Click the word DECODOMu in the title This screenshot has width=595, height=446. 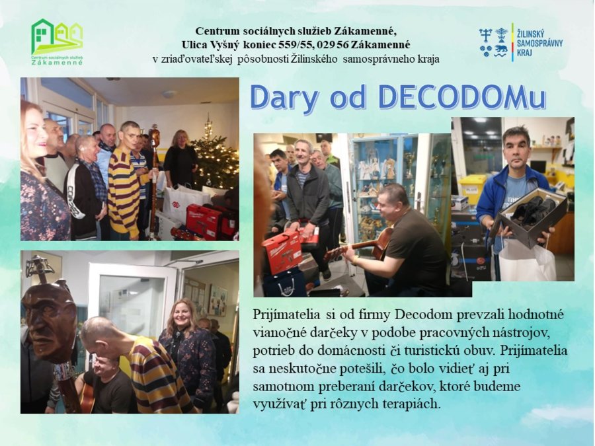pos(462,98)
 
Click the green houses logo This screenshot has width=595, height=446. pos(57,37)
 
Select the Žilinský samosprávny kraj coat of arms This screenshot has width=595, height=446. pos(493,42)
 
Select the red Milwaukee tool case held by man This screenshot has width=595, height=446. pos(282,250)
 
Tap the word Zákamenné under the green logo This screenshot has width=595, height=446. pos(57,63)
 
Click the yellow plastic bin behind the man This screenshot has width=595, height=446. pos(472,188)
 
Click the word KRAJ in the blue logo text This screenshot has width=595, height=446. pos(524,52)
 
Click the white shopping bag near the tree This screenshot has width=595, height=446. pos(181,202)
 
